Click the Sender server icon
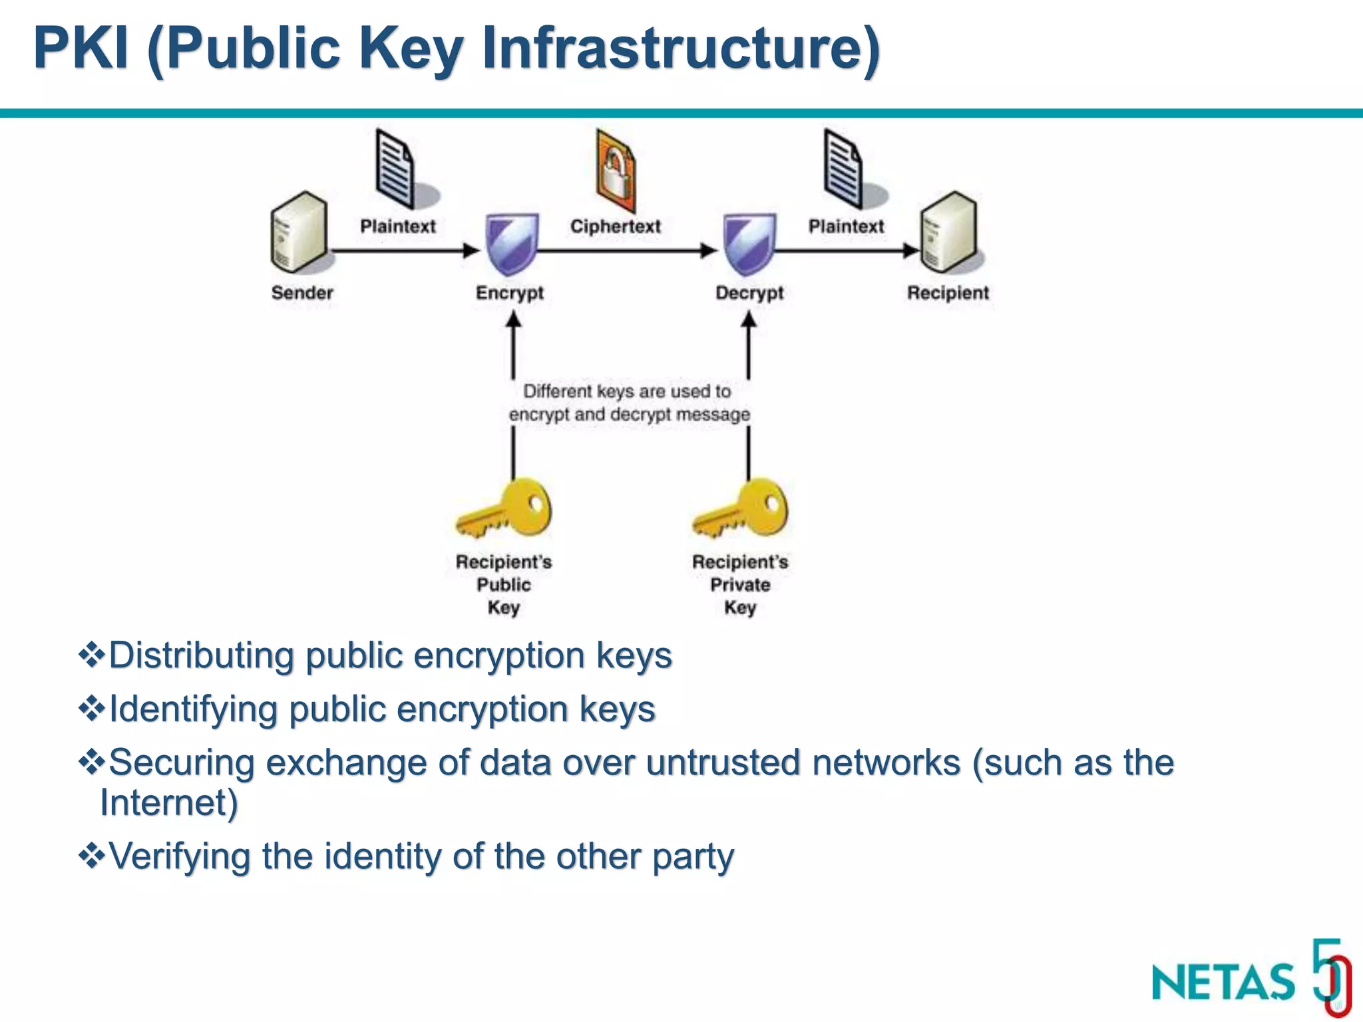pyautogui.click(x=299, y=233)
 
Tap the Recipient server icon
pyautogui.click(x=949, y=233)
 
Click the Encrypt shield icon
pyautogui.click(x=511, y=244)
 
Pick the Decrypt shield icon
pyautogui.click(x=749, y=244)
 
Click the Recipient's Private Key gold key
pyautogui.click(x=741, y=510)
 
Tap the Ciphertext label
pyautogui.click(x=616, y=226)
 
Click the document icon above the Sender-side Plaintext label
pyautogui.click(x=395, y=169)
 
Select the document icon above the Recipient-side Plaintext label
pyautogui.click(x=844, y=169)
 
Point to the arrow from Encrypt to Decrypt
pyautogui.click(x=626, y=252)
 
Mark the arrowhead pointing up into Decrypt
pyautogui.click(x=749, y=321)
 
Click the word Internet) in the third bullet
pyautogui.click(x=169, y=802)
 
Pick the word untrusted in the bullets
pyautogui.click(x=723, y=763)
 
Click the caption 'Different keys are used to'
pyautogui.click(x=627, y=391)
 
